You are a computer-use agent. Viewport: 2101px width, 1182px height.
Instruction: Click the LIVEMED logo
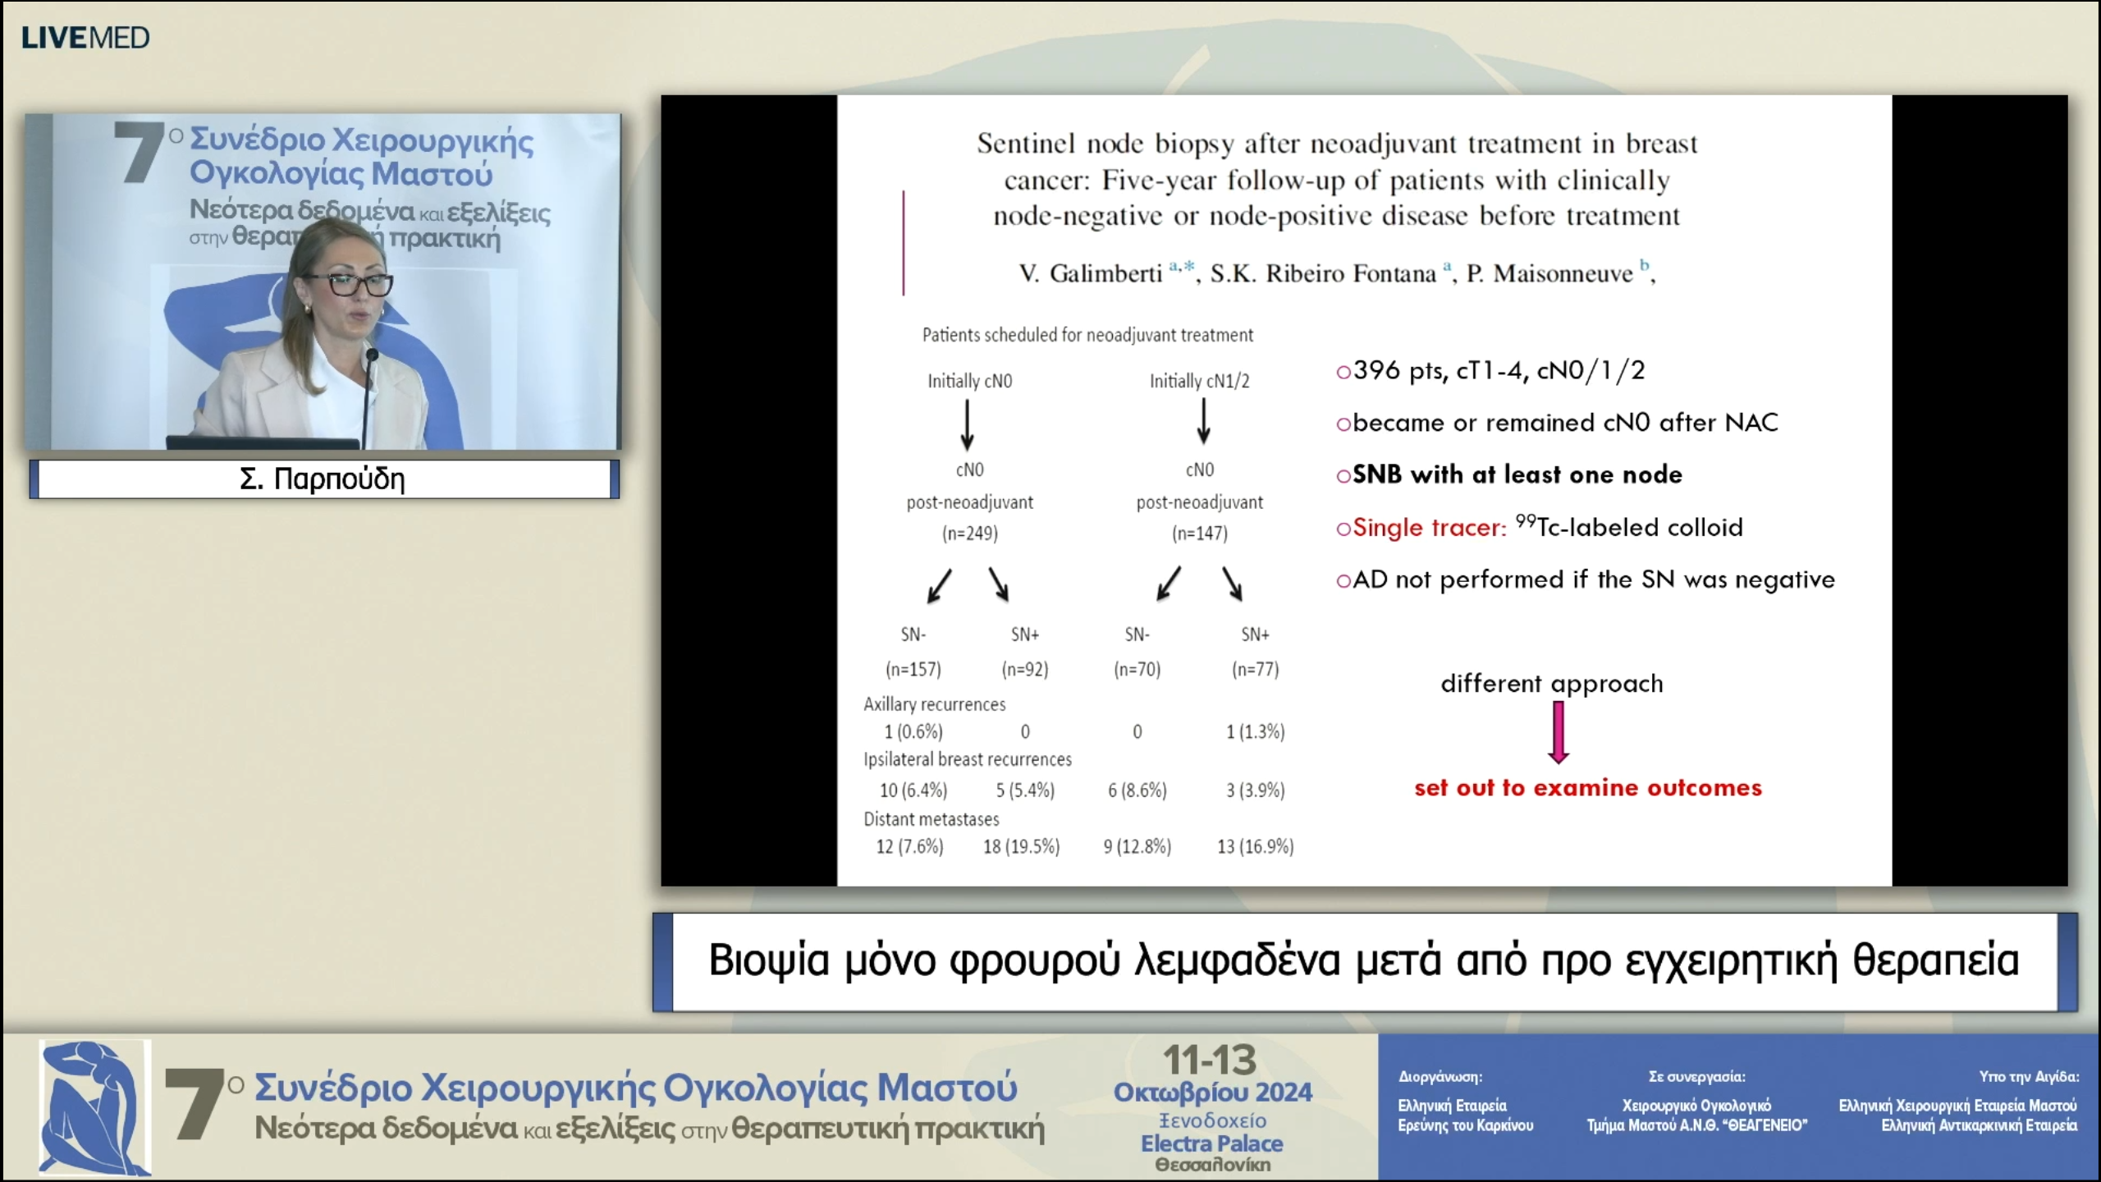[x=85, y=38]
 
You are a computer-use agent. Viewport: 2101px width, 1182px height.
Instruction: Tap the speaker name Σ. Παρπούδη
[x=323, y=479]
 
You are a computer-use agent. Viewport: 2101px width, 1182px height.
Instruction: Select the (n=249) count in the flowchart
[x=969, y=534]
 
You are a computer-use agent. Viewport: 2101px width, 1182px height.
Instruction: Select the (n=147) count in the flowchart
[x=1199, y=534]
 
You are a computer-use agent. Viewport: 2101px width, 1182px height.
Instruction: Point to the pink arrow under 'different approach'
[x=1558, y=733]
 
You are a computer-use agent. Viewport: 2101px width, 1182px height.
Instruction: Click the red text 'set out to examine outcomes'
[x=1587, y=788]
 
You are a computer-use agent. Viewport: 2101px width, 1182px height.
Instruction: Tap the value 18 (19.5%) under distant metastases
[x=1021, y=846]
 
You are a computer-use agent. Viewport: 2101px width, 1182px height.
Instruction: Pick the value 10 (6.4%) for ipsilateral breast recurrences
[x=913, y=790]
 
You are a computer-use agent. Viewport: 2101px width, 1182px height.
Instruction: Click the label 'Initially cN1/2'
[x=1199, y=381]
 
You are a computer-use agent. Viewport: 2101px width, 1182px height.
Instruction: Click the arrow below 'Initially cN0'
[x=968, y=424]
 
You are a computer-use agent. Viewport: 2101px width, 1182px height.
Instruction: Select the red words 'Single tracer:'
[x=1429, y=528]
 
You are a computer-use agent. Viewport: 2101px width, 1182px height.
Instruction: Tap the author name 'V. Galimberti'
[x=1090, y=273]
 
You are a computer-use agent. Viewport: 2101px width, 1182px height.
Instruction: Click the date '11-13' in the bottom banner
[x=1210, y=1061]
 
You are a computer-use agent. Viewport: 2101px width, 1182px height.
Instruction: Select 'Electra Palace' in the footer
[x=1211, y=1143]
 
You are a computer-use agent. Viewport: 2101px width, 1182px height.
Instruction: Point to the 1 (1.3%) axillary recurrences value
[x=1255, y=731]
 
